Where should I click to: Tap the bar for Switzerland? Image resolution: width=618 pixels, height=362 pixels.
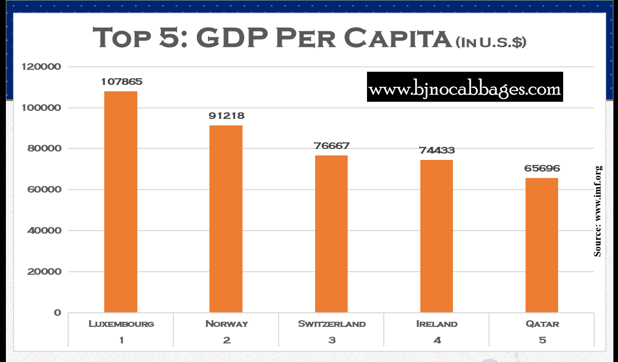click(x=331, y=234)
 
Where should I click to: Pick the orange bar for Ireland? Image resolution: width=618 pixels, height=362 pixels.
click(x=437, y=236)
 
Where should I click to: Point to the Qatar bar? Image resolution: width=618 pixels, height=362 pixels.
click(x=542, y=245)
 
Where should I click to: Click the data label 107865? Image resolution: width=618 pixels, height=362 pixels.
click(x=121, y=82)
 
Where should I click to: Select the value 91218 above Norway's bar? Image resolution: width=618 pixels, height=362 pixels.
click(x=227, y=116)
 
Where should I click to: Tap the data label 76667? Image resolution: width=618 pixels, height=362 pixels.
click(x=332, y=146)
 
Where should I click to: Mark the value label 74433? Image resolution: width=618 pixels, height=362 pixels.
click(x=437, y=150)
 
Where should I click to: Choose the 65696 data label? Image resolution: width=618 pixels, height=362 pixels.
click(x=542, y=168)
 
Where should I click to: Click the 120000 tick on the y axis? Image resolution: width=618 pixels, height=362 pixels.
click(x=41, y=67)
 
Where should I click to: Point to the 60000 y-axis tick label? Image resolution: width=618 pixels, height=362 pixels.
click(x=44, y=189)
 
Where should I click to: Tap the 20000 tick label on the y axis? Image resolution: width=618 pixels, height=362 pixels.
click(x=44, y=272)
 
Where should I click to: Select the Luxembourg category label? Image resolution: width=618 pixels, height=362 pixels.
click(x=121, y=324)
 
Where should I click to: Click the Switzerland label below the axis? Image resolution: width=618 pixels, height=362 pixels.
click(x=332, y=324)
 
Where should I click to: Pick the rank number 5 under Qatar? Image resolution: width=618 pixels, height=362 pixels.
click(x=542, y=340)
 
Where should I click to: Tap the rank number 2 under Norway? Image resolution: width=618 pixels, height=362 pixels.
click(x=227, y=340)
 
